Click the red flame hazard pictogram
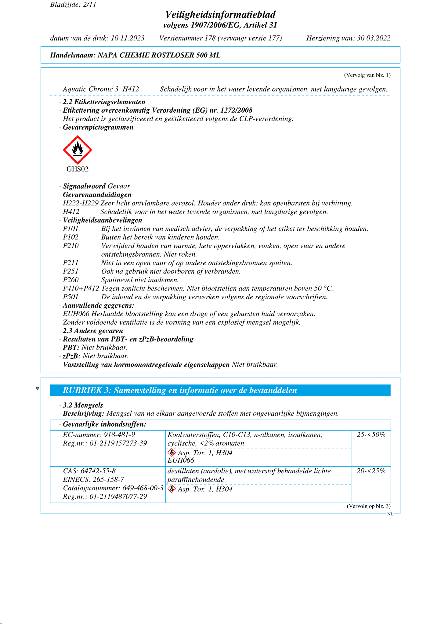(x=77, y=150)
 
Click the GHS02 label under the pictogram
(x=78, y=169)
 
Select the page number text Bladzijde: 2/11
(x=73, y=5)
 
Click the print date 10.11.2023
(x=128, y=38)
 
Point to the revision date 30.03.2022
(x=374, y=38)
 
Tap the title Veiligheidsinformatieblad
(x=220, y=14)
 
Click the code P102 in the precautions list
(x=71, y=237)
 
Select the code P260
(x=71, y=280)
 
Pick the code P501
(x=71, y=297)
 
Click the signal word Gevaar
(x=119, y=186)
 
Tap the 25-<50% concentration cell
(x=371, y=435)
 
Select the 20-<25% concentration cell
(x=371, y=471)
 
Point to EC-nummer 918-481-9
(x=99, y=435)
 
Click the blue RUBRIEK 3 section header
(x=220, y=391)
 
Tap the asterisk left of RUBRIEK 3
(x=37, y=388)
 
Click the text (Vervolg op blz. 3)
(x=368, y=506)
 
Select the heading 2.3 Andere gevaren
(x=93, y=331)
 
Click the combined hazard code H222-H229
(x=81, y=203)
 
